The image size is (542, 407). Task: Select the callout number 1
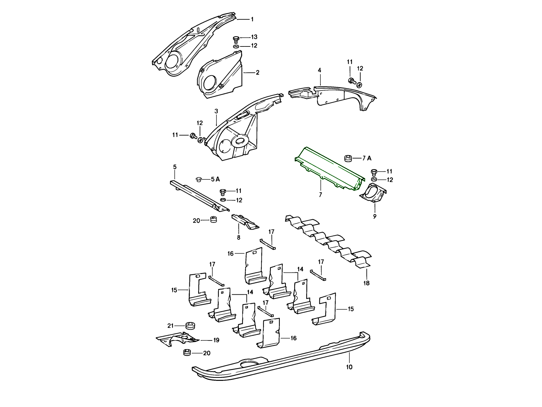[x=252, y=19]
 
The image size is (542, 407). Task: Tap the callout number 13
[x=254, y=37]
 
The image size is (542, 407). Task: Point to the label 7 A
[x=367, y=158]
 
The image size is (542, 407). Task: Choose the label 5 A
[x=215, y=179]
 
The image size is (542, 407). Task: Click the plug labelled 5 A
[x=199, y=179]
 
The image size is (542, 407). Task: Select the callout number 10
[x=349, y=367]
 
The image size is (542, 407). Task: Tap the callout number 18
[x=366, y=283]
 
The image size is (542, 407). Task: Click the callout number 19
[x=216, y=340]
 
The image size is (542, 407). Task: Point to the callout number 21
[x=170, y=326]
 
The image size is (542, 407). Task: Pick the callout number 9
[x=375, y=216]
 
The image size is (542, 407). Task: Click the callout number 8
[x=238, y=237]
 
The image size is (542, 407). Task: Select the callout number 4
[x=319, y=70]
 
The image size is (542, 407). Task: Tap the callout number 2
[x=257, y=72]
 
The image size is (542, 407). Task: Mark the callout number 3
[x=216, y=111]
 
